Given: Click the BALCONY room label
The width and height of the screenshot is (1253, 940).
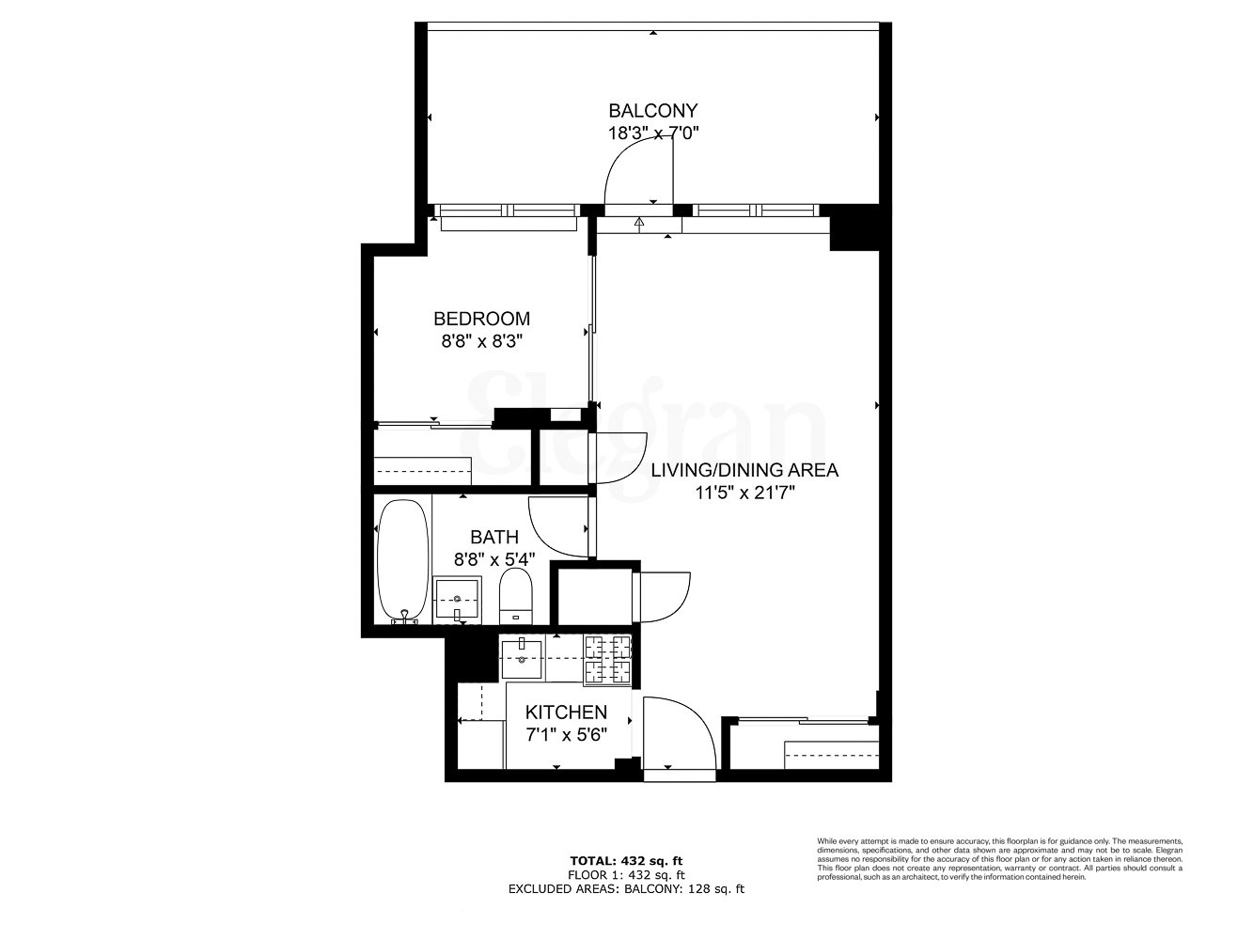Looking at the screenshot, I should (x=652, y=110).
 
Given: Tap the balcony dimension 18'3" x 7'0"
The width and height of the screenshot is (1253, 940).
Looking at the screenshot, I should (x=652, y=133).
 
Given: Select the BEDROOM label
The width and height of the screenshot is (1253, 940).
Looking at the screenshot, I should (x=481, y=319).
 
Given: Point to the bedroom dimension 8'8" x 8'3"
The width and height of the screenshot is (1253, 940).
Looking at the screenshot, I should (x=481, y=342).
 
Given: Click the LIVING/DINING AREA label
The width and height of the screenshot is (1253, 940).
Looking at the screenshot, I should (x=744, y=469).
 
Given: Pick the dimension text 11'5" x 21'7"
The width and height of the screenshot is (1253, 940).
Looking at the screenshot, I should (x=744, y=493).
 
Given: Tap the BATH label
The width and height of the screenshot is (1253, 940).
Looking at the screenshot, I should (x=493, y=537).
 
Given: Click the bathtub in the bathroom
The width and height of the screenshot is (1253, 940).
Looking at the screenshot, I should (x=402, y=560).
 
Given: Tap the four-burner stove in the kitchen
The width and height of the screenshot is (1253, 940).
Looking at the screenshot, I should (x=606, y=659).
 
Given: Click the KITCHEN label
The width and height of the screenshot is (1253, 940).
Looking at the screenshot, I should (x=565, y=713).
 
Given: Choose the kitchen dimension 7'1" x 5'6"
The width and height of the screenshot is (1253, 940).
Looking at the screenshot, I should (x=565, y=735).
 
